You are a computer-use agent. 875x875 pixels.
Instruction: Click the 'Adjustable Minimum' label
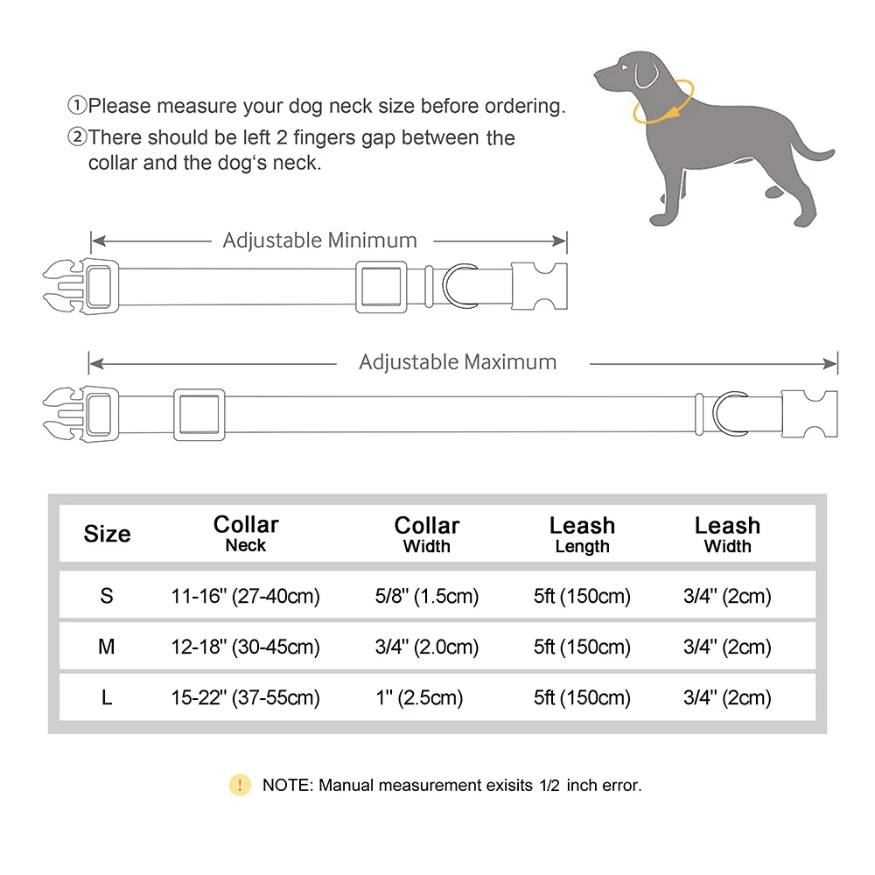click(319, 240)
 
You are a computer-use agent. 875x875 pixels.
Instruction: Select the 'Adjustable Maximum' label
click(458, 362)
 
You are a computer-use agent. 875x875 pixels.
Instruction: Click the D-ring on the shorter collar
click(460, 286)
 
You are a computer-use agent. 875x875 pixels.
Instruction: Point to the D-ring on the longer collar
click(730, 412)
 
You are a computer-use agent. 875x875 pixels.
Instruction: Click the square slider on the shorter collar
click(379, 287)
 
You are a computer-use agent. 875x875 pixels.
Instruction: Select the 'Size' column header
click(107, 534)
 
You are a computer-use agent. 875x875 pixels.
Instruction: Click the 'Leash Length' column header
click(582, 535)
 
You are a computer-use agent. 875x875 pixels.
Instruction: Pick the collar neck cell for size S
click(245, 597)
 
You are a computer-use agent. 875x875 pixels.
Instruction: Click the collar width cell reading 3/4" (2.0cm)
click(426, 647)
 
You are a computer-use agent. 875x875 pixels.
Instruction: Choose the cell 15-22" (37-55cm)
click(245, 698)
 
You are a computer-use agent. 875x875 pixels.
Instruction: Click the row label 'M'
click(107, 647)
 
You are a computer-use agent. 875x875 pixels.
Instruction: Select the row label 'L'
click(107, 698)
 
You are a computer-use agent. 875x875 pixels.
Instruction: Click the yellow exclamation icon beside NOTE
click(240, 785)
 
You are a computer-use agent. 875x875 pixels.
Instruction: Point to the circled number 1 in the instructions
click(77, 107)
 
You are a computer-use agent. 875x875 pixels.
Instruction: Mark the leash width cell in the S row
click(727, 597)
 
